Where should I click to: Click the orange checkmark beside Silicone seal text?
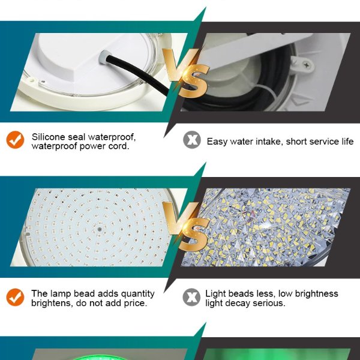coord(15,140)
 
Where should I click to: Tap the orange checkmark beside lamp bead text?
coord(15,297)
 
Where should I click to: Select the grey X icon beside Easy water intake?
coord(191,141)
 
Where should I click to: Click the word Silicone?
coord(49,137)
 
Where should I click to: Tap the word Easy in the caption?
coord(218,142)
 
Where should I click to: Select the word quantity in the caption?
coord(136,293)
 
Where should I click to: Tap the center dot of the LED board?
coord(97,227)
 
